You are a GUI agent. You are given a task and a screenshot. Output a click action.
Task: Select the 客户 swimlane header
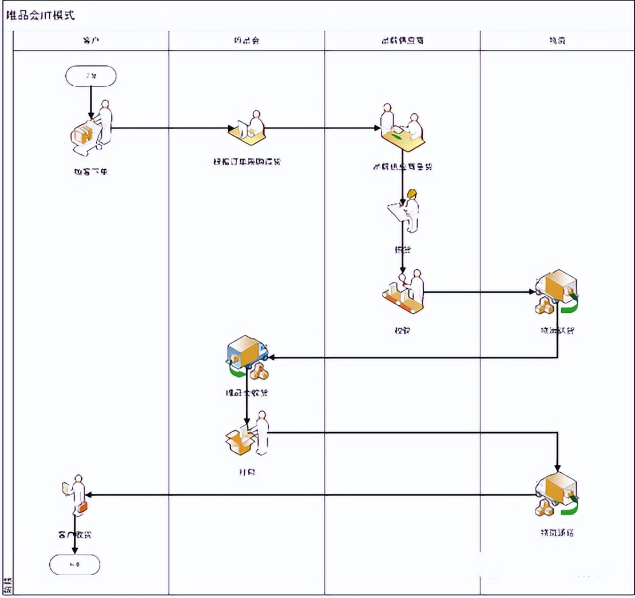pos(91,41)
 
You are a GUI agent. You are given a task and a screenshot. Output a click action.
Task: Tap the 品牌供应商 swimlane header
pos(402,41)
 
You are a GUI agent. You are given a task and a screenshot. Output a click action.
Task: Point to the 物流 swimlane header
pos(557,41)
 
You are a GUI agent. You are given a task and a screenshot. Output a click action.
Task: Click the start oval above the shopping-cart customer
pos(91,76)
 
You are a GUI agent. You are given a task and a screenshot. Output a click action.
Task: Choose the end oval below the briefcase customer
pos(75,565)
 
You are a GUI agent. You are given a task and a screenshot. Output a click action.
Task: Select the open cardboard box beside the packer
pos(239,442)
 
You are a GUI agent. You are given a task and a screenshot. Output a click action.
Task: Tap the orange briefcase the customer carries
pos(83,507)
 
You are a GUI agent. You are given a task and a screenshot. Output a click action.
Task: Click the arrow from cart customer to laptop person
pos(172,128)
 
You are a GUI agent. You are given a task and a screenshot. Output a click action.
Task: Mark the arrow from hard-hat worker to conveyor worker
pos(403,252)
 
